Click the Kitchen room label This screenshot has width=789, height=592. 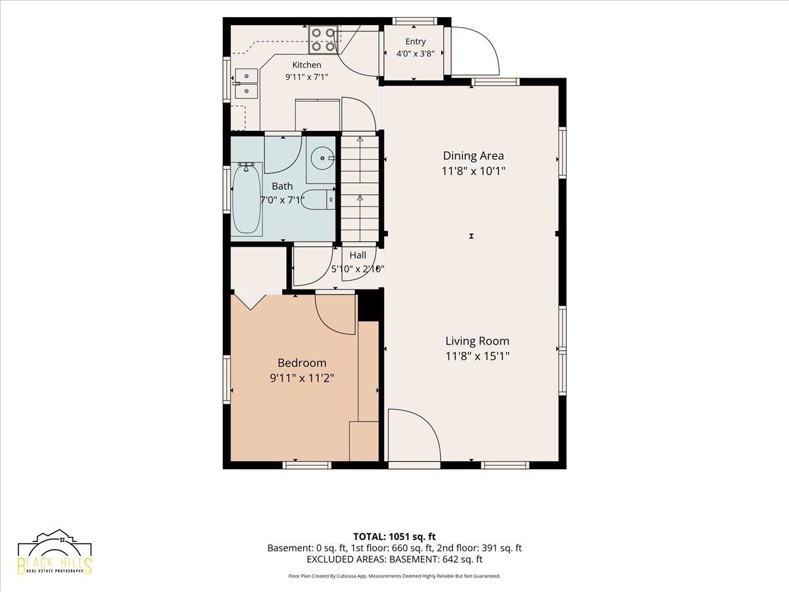tap(306, 65)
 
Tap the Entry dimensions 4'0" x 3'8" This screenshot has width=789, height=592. tap(415, 54)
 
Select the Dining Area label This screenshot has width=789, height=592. tap(473, 156)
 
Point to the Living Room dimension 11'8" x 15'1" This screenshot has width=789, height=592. tap(477, 357)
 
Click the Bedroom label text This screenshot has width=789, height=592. tap(302, 363)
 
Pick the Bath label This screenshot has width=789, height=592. tap(282, 186)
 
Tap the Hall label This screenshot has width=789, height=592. tap(358, 255)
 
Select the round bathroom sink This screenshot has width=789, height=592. tap(322, 158)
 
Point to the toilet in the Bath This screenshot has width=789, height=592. tap(318, 199)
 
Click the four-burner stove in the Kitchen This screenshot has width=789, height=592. tap(322, 40)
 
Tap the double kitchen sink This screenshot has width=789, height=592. tap(246, 84)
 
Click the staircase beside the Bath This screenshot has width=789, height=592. tap(360, 189)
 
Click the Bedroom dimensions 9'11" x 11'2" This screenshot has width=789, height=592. tap(302, 378)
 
